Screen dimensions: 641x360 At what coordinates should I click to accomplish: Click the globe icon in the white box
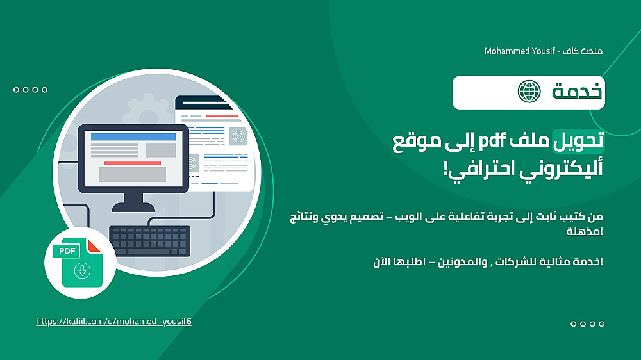pos(529,92)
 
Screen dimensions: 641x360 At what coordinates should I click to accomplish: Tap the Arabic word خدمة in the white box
pos(578,91)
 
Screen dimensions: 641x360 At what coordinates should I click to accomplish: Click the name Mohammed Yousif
pos(520,51)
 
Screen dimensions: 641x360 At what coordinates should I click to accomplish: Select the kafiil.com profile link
pos(113,322)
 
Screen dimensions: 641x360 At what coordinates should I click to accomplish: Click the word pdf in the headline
pos(492,140)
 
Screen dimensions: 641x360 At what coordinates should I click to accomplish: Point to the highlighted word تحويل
pos(578,140)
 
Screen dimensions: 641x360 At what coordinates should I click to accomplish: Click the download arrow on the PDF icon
pos(82,270)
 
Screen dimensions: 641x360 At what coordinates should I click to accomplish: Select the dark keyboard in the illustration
pos(149,241)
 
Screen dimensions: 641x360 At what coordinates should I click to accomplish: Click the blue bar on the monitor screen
pos(133,136)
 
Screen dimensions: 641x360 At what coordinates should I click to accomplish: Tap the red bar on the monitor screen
pos(133,163)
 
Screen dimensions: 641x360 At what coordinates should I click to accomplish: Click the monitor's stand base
pos(133,207)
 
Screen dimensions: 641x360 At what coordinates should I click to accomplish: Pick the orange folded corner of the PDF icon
pos(93,245)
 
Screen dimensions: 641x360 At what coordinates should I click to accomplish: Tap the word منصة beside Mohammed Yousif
pos(592,51)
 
